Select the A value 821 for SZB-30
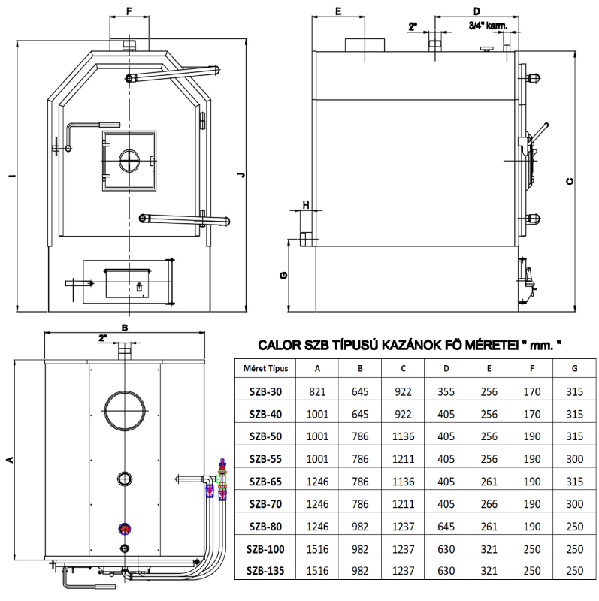[317, 391]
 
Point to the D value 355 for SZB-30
[446, 391]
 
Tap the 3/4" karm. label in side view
[488, 25]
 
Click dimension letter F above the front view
[129, 11]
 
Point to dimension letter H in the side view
[306, 204]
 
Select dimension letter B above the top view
[125, 328]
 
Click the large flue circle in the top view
[125, 410]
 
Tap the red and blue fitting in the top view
[123, 528]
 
